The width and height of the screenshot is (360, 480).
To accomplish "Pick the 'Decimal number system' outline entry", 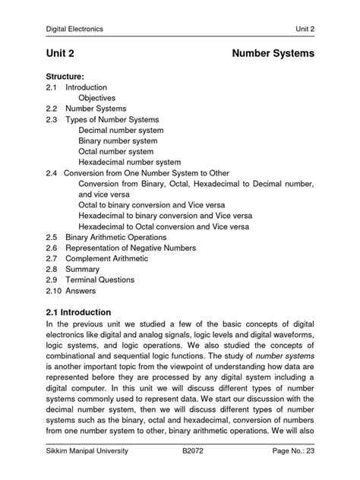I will (121, 130).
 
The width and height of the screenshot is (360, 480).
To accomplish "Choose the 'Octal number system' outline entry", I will (115, 151).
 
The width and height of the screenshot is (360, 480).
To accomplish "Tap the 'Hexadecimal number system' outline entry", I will (129, 162).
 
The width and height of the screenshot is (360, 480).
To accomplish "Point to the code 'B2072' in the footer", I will (194, 451).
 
